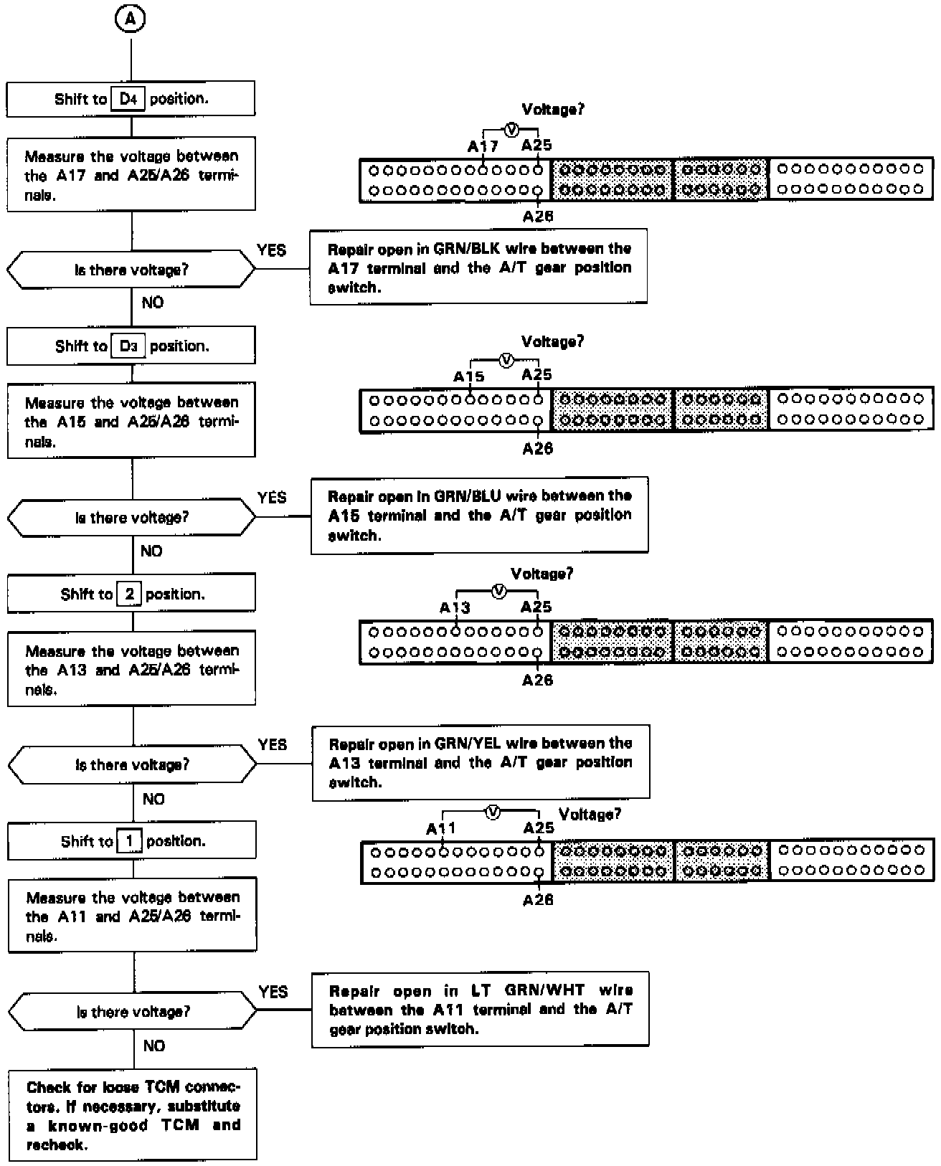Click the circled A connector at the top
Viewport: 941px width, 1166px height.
[130, 19]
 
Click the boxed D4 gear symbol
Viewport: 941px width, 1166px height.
[128, 99]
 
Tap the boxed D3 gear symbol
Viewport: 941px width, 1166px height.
[128, 346]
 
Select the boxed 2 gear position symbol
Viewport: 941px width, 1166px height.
[129, 594]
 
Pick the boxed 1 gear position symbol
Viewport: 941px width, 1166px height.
[129, 841]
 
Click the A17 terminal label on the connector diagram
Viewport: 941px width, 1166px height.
[483, 146]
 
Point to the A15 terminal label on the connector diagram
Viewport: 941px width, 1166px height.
[468, 376]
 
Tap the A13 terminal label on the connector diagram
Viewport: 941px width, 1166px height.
[454, 608]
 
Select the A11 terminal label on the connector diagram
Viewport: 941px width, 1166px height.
[440, 828]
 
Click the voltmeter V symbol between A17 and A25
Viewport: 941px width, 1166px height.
[511, 130]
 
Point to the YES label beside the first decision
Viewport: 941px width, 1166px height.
[271, 250]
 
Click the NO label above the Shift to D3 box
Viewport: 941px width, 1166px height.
[152, 303]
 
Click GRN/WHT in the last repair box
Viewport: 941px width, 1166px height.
[544, 990]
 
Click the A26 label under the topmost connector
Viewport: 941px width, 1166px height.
[538, 217]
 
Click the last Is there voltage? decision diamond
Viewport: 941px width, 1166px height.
[133, 1012]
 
